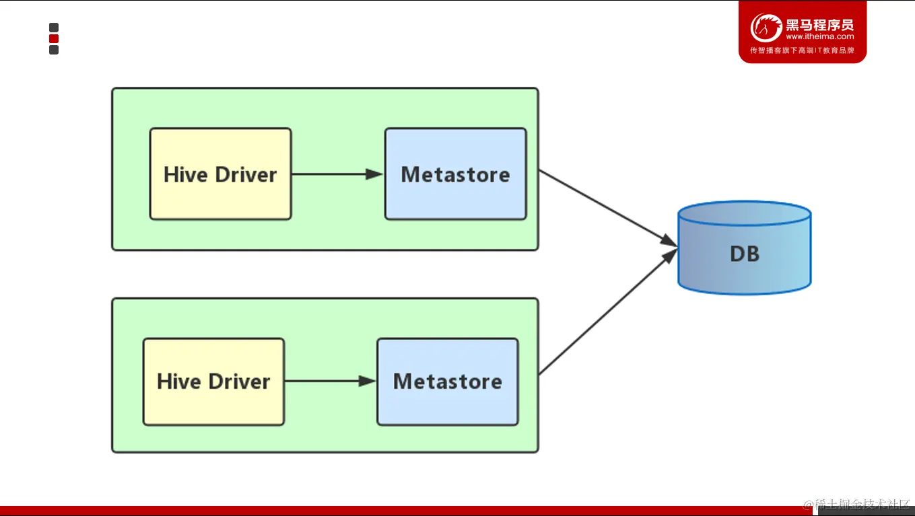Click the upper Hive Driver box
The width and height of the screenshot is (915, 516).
220,174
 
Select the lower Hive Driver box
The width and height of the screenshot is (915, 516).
213,381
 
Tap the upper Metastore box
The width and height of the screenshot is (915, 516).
455,174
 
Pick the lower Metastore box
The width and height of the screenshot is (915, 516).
447,381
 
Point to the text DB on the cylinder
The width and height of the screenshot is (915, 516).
744,254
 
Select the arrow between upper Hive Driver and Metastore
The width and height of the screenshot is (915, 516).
337,174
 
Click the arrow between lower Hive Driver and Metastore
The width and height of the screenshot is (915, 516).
330,381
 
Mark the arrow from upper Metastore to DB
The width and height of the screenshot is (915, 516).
606,207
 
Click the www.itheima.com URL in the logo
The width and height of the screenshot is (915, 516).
819,37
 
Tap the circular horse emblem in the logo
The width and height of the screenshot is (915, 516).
766,28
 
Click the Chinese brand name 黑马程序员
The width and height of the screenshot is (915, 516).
819,25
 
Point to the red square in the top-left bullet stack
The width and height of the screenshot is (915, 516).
54,38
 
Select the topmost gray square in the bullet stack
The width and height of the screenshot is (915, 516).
54,28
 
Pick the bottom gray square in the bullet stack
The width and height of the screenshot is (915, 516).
54,50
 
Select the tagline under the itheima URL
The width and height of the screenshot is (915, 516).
802,50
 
